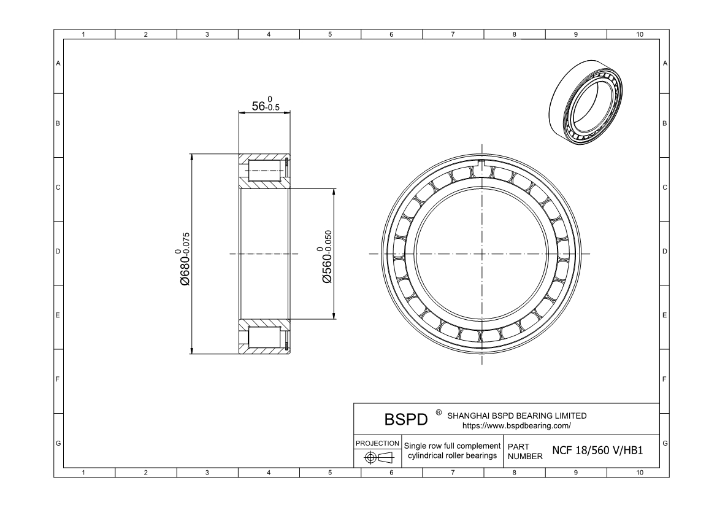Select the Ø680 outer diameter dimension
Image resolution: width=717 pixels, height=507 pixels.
click(182, 258)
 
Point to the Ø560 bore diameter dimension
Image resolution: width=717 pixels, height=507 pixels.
click(326, 257)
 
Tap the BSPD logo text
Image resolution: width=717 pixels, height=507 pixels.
click(405, 420)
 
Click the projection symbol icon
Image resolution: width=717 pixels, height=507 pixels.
click(378, 457)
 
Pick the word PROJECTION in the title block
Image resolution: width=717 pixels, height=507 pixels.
click(378, 443)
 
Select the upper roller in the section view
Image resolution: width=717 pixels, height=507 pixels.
click(264, 171)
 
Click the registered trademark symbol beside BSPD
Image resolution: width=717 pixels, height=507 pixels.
click(438, 412)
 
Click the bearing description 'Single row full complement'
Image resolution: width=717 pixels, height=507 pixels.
click(452, 445)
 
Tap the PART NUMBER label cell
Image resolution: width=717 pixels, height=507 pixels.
click(525, 452)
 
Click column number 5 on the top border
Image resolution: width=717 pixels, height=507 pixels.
click(330, 34)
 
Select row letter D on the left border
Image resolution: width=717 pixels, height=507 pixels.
click(58, 252)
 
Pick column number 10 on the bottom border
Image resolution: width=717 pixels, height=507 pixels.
click(639, 473)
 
